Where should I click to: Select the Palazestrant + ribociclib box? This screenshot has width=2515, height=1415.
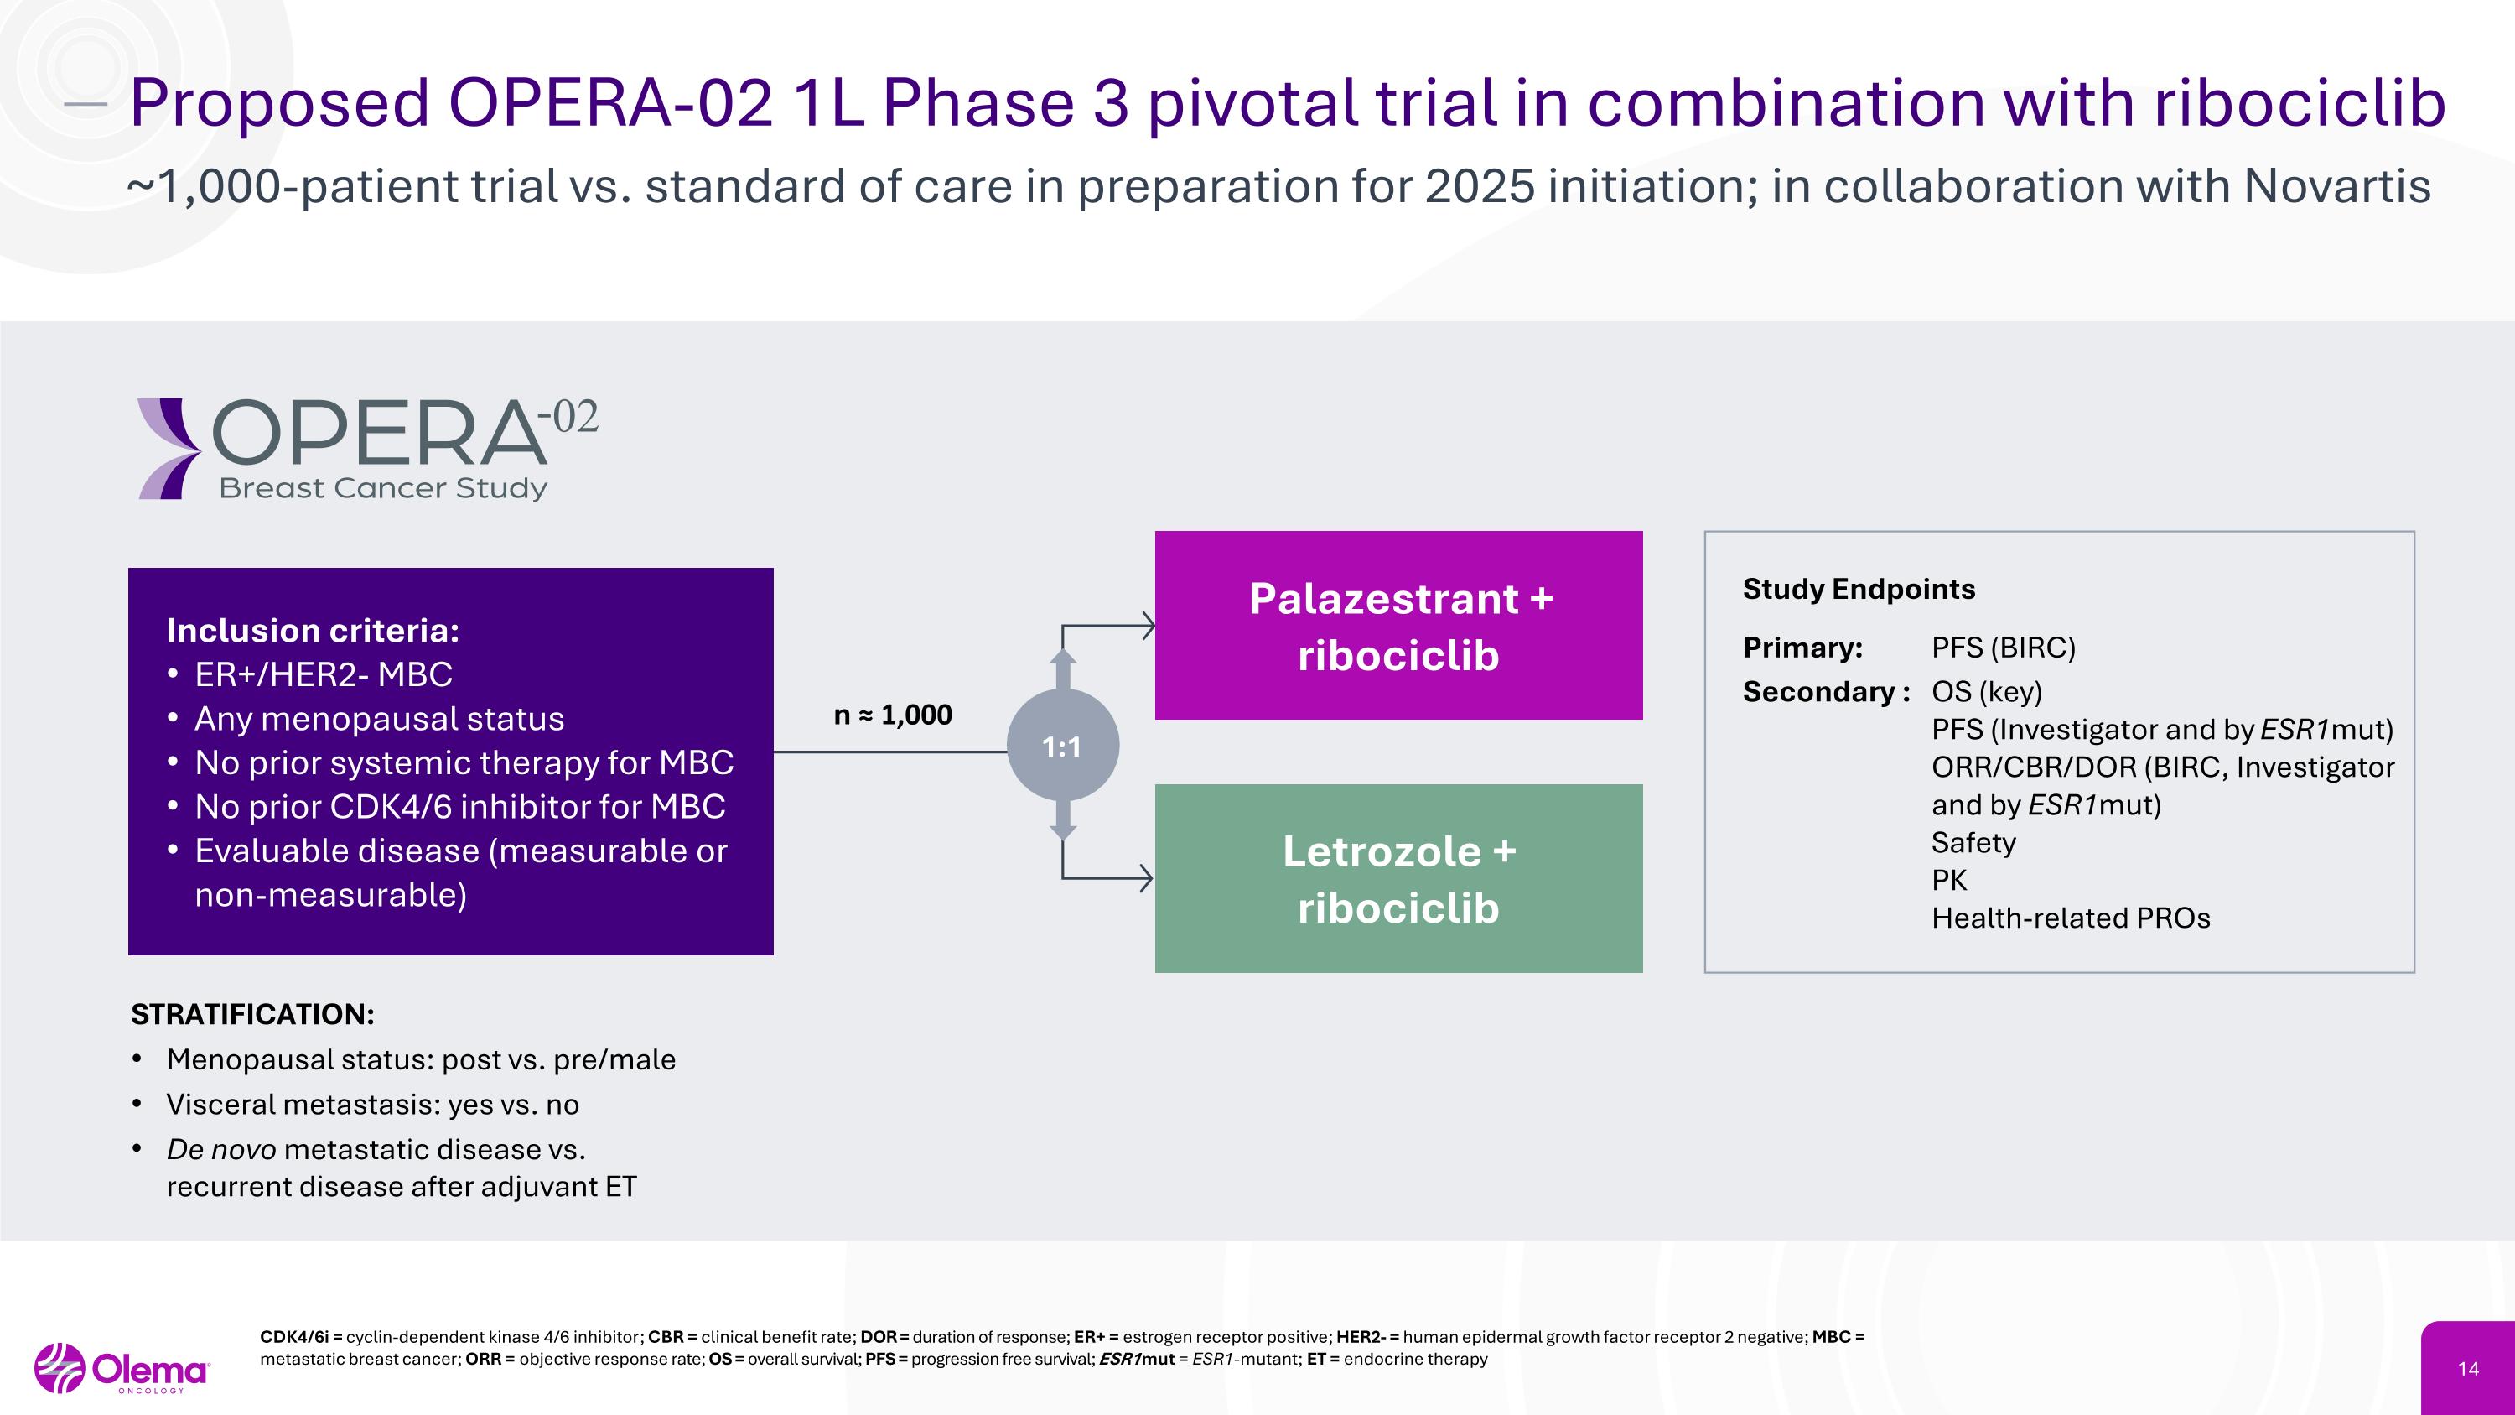(1398, 626)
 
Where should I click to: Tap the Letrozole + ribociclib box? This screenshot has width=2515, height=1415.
(1398, 878)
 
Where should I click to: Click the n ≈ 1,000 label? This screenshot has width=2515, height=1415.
(892, 715)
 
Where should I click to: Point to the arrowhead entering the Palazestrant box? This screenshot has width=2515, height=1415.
(1149, 625)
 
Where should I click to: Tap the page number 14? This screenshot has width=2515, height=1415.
(2468, 1368)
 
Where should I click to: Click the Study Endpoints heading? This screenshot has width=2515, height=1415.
(1858, 589)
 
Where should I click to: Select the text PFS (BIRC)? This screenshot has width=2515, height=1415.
(2003, 648)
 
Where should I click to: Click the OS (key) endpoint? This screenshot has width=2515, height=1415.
(1986, 691)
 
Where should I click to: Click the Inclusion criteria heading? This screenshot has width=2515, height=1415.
(313, 631)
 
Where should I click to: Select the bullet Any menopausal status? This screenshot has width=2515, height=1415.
(379, 719)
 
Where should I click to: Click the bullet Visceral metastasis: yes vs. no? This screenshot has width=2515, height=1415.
(372, 1105)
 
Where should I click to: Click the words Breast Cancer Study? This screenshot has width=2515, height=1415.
(383, 487)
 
